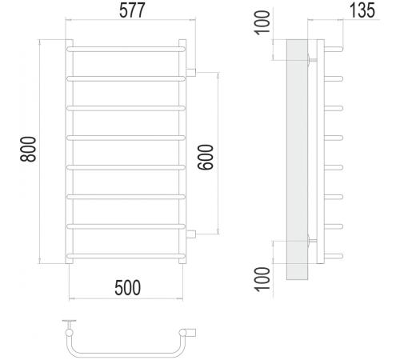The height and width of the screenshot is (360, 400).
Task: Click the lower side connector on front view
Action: click(x=192, y=234)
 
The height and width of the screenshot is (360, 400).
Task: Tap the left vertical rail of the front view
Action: click(x=68, y=152)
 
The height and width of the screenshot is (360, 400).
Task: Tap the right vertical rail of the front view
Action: click(x=182, y=152)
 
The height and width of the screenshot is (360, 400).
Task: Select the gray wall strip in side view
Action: click(x=298, y=160)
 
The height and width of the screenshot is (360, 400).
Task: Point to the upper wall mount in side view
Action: click(x=312, y=58)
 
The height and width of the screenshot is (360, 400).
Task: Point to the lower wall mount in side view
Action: click(x=312, y=241)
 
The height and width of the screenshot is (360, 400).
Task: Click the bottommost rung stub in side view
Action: click(x=334, y=256)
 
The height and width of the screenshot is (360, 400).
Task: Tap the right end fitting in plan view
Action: click(x=191, y=331)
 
